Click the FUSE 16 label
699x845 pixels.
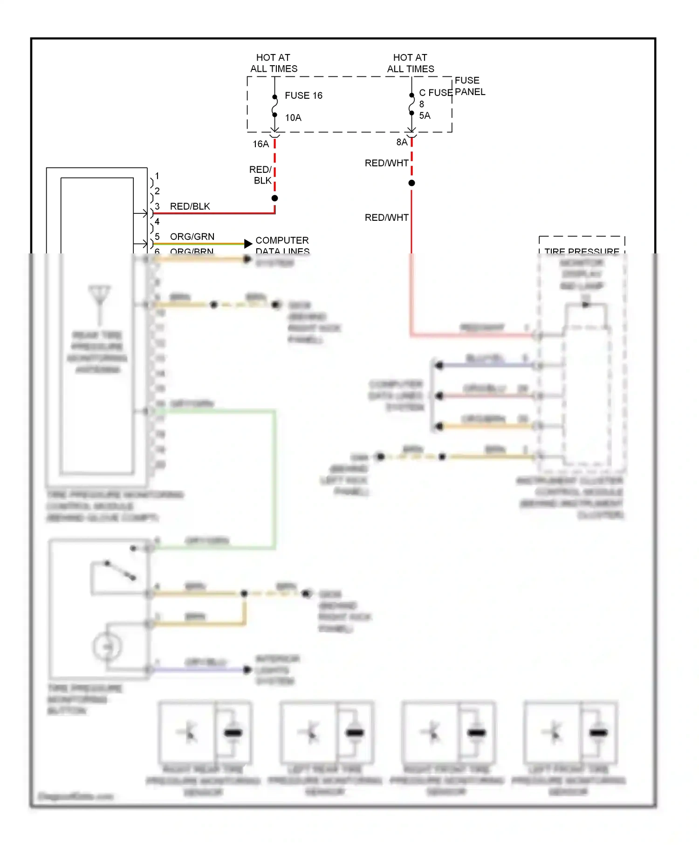(303, 95)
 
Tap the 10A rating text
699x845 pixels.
(293, 118)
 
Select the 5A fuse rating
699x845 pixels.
(425, 116)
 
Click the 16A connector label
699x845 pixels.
(261, 144)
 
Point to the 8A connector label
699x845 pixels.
(402, 142)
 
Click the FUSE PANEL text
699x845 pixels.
(470, 86)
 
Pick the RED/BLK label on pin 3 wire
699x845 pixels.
(190, 206)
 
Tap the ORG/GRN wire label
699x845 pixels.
(192, 237)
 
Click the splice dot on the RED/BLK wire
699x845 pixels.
(275, 198)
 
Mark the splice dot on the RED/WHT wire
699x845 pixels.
(411, 183)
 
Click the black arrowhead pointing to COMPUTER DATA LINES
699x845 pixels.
(248, 243)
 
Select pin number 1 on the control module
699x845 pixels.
(157, 176)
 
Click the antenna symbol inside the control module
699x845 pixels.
(99, 298)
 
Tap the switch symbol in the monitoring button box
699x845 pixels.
(120, 571)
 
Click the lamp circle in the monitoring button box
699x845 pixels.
(107, 647)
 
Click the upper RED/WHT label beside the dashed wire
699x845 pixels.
(386, 163)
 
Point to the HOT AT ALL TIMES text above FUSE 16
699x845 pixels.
(274, 63)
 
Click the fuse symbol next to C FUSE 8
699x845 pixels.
(411, 104)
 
